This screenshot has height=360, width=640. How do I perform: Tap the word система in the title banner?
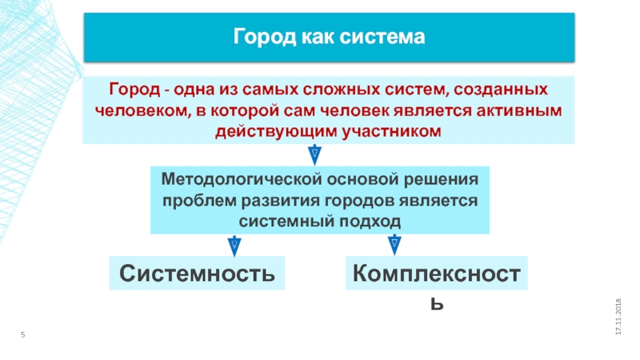point(387,38)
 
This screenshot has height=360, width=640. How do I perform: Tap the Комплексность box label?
point(437,274)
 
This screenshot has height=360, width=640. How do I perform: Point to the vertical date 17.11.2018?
point(618,316)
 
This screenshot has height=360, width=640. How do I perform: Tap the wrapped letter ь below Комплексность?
point(437,304)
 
